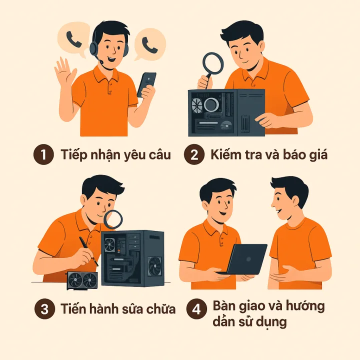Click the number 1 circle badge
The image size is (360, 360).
[x=43, y=154]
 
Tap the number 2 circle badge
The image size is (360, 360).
[x=194, y=154]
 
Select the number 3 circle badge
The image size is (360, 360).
[x=45, y=309]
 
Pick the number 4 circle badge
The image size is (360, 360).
[x=196, y=309]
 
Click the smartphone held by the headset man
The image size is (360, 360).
[x=147, y=84]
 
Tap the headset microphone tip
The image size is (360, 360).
[x=101, y=62]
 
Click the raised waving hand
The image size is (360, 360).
[x=65, y=71]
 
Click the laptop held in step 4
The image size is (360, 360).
[x=243, y=259]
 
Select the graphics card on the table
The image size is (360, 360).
[x=82, y=280]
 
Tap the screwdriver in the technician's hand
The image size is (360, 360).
[x=88, y=251]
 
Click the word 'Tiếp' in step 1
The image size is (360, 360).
[x=74, y=154]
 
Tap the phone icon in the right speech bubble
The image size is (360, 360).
[x=149, y=45]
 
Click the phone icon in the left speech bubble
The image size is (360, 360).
[x=74, y=39]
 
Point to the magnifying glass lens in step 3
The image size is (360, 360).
[x=113, y=219]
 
